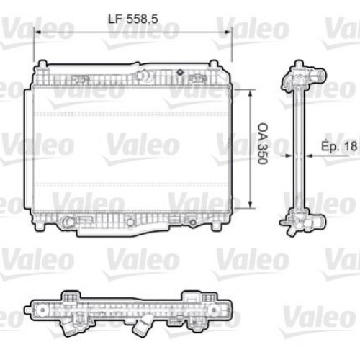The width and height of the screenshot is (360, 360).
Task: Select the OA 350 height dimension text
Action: tap(262, 148)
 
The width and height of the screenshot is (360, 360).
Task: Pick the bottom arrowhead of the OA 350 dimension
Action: tap(249, 204)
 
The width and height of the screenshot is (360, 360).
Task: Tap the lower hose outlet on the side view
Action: tap(305, 228)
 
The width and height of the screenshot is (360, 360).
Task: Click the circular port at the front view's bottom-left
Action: tap(68, 222)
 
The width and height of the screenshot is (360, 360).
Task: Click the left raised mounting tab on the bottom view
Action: tap(70, 296)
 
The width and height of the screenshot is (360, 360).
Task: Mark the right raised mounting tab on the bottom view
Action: tap(193, 296)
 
